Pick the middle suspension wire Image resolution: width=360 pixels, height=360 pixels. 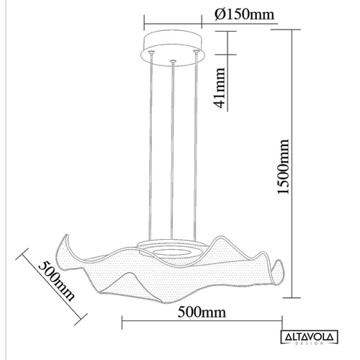(174, 151)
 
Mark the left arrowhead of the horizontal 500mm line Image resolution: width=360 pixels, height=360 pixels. (123, 320)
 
